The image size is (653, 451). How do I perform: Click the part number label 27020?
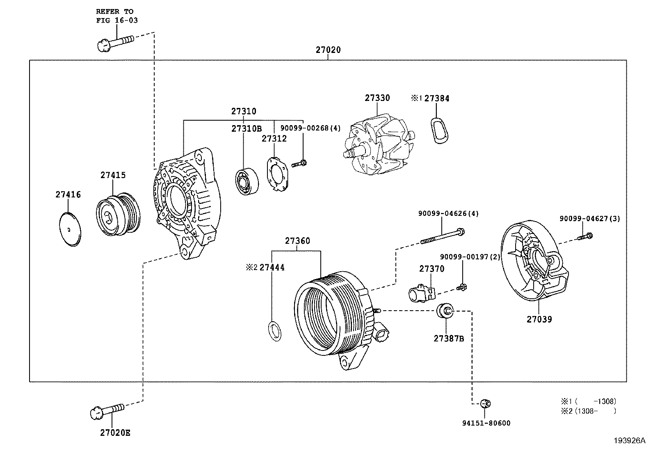pos(328,50)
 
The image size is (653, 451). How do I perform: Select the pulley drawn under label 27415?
pos(118,214)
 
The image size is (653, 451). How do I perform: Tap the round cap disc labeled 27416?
pos(70,229)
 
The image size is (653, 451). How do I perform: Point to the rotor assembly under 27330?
pos(379,144)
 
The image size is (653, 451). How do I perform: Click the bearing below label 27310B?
pos(247,181)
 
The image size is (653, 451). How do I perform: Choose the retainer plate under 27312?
pos(277,174)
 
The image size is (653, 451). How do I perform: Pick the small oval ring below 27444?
pos(274,331)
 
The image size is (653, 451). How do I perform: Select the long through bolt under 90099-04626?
pos(442,236)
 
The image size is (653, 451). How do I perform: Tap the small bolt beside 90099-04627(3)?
pos(585,236)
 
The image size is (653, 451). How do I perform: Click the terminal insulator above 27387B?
pos(445,311)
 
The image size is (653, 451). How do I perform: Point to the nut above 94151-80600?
pos(485,403)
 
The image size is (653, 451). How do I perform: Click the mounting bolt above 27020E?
pos(107,411)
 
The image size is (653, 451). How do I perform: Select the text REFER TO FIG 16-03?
pos(116,16)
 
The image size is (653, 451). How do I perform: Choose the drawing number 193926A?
pos(630,440)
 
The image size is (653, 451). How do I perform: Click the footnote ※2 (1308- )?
pos(588,411)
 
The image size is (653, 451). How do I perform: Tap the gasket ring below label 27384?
pos(439,130)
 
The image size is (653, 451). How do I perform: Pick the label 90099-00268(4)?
pos(311,128)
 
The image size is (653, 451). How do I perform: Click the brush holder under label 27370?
pos(422,293)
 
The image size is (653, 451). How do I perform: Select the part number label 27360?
pos(297,241)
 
